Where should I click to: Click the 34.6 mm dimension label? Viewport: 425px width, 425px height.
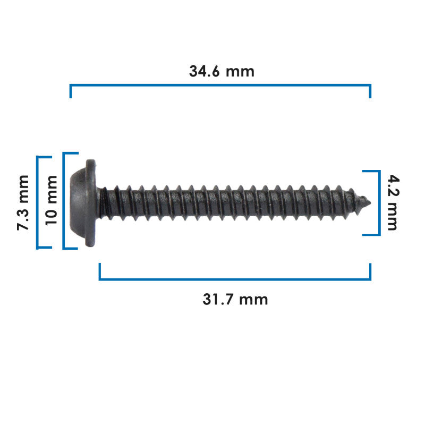[222, 72]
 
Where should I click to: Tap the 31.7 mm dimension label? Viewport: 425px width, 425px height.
[235, 300]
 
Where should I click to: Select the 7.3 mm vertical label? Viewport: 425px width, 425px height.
[23, 203]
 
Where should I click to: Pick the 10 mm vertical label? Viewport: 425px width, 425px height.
[52, 201]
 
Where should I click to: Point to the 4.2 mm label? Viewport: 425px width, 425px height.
[393, 202]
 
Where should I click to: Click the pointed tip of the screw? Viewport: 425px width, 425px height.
[370, 202]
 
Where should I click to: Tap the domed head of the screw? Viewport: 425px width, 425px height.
[78, 202]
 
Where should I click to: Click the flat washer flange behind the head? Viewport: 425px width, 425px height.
[91, 203]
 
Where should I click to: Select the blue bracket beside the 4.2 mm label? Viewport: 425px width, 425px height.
[379, 203]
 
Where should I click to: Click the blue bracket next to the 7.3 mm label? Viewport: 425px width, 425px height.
[37, 202]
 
